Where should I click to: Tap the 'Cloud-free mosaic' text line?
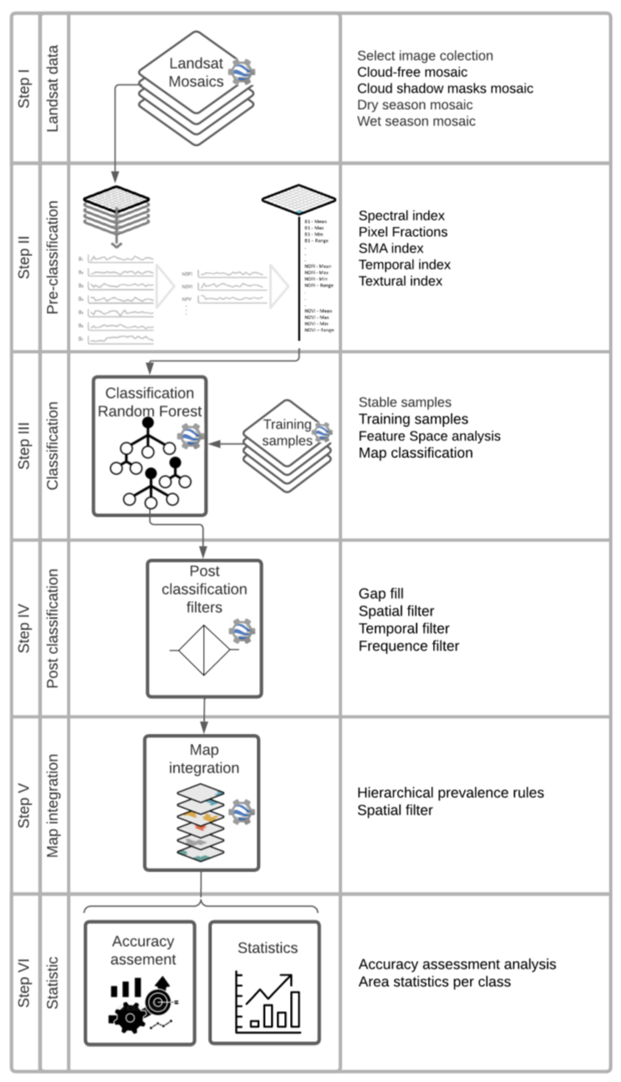412,72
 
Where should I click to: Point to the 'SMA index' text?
391,248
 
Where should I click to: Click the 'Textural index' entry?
400,281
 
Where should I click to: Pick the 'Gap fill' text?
381,593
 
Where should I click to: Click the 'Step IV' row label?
24,629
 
